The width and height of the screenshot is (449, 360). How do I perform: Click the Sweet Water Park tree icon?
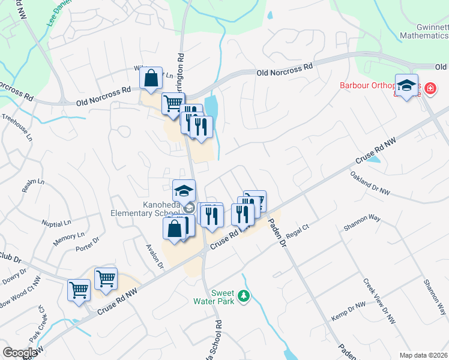[x=244, y=296]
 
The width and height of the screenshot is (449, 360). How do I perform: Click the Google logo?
[x=20, y=353]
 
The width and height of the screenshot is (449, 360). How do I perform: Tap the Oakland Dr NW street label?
[x=370, y=183]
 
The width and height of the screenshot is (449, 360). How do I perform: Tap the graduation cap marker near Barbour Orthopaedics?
[x=406, y=86]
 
